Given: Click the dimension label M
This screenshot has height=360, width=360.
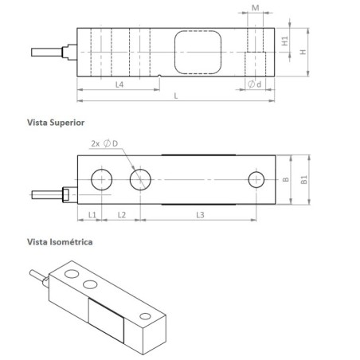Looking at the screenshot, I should point(254,6).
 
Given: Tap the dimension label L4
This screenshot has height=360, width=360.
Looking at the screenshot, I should point(119,85).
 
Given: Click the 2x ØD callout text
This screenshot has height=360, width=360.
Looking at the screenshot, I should point(108,144).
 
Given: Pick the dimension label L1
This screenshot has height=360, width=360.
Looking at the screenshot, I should point(92,215).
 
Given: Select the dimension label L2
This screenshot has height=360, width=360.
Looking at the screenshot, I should point(123,215).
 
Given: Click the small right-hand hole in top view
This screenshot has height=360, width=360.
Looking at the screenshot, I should point(256,180).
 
